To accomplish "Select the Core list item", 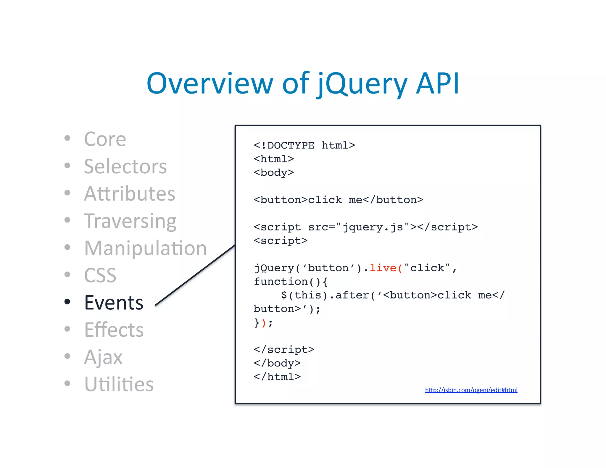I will (x=105, y=139).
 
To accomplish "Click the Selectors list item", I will (x=125, y=166).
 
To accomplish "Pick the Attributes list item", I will (x=130, y=194).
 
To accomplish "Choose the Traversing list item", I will (x=130, y=221).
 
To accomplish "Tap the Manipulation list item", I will (x=145, y=248).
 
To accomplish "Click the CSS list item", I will (x=100, y=275).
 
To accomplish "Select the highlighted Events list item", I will (x=114, y=303).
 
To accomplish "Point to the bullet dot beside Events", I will (x=67, y=302).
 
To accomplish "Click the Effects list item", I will (x=114, y=330).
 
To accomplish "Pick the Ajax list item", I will (x=103, y=357).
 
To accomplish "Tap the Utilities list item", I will (x=119, y=384).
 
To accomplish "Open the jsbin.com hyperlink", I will (x=471, y=390).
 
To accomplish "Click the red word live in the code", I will (x=383, y=268).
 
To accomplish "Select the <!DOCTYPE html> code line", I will (x=304, y=145).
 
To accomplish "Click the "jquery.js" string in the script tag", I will (x=373, y=227).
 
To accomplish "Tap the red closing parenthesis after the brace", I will (x=264, y=322).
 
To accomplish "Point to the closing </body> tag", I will (x=277, y=363).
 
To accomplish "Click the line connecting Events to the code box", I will (x=195, y=275).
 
